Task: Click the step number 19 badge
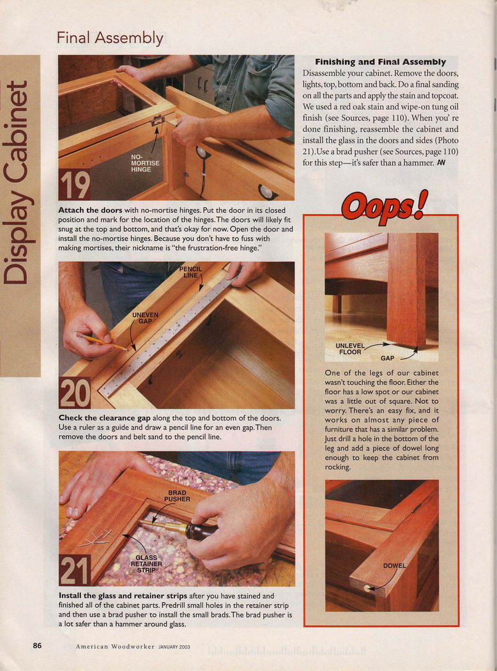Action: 74,185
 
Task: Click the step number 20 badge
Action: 74,393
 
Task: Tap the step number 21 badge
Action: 74,570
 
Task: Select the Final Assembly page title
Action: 110,38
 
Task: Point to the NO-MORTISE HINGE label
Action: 144,163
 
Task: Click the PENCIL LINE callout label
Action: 190,272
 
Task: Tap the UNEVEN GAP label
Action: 145,318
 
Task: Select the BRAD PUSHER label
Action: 177,496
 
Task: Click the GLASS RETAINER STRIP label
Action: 146,564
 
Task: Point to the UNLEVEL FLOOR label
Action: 350,349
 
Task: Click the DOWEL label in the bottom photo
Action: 394,566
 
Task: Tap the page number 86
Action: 37,645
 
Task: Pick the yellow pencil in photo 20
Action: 102,341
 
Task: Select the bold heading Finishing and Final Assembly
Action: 380,62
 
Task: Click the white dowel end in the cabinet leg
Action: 367,588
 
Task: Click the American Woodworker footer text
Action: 115,647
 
